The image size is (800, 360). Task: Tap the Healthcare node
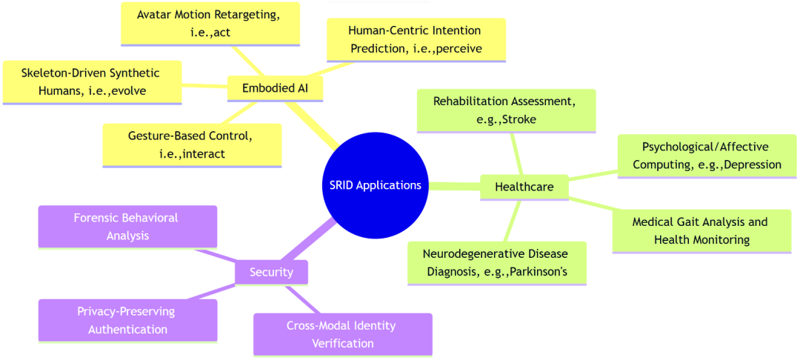[x=524, y=187]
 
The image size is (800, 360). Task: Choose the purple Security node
[x=271, y=273]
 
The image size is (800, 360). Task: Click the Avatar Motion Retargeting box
[x=210, y=24]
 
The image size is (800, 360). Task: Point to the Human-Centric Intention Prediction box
[x=416, y=40]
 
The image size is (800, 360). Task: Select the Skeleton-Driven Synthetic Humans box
[x=92, y=82]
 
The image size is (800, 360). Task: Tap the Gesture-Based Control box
[x=192, y=145]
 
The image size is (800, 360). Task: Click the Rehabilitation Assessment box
[x=506, y=110]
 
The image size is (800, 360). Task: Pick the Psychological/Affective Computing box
[x=707, y=156]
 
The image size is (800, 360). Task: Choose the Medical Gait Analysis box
[x=701, y=231]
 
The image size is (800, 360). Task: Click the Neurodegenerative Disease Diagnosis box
[x=497, y=263]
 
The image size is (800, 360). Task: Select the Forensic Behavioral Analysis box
[x=127, y=227]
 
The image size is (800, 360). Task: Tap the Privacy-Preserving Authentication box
[x=127, y=320]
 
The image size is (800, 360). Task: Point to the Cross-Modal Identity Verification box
[x=343, y=335]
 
